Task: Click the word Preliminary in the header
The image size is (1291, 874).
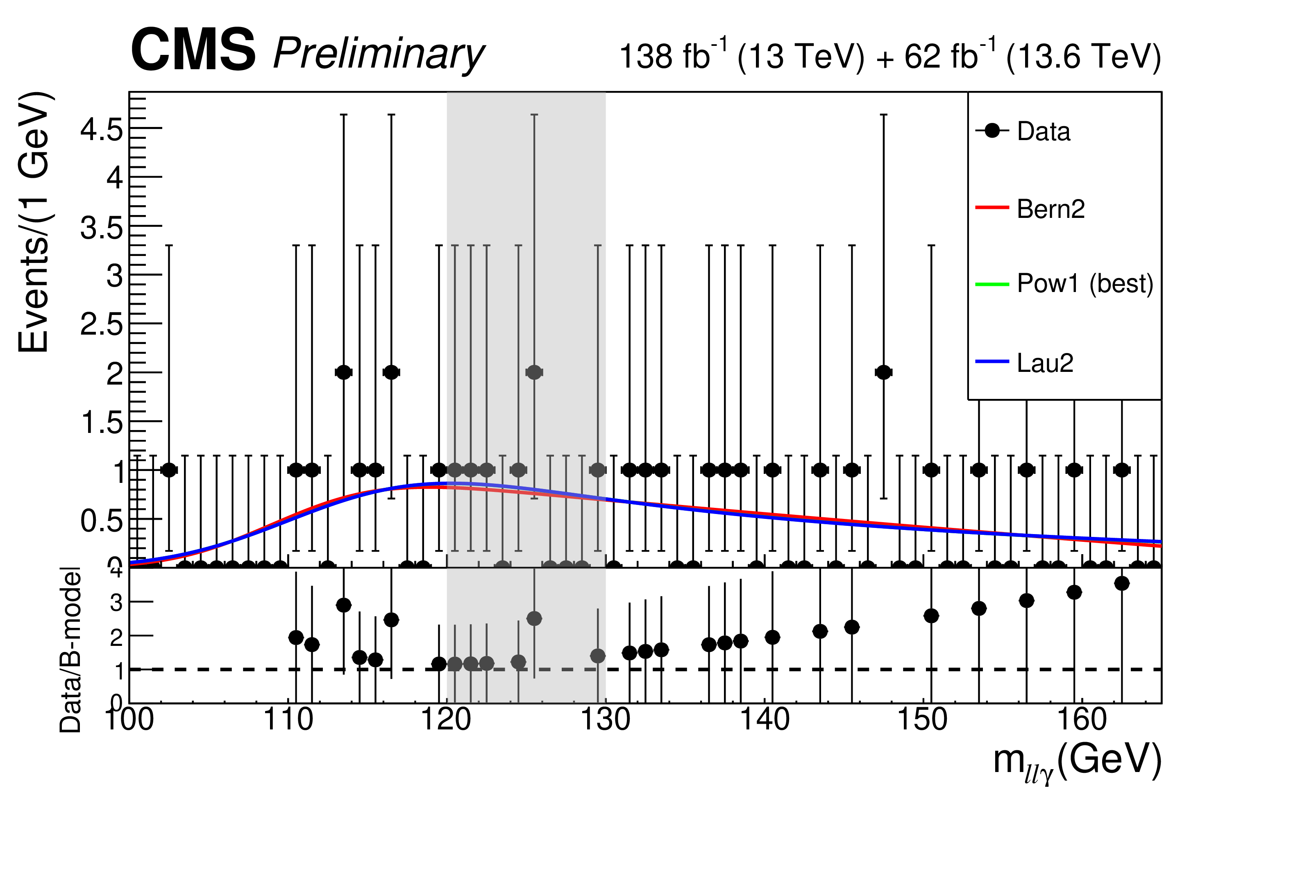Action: click(x=379, y=54)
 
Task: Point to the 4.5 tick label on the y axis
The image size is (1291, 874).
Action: click(x=102, y=130)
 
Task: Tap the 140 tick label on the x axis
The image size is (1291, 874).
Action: click(x=765, y=720)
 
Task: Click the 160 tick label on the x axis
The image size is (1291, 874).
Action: click(x=1082, y=720)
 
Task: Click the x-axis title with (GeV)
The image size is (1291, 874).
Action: click(x=1077, y=762)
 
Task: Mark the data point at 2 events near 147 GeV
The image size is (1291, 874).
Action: click(x=883, y=372)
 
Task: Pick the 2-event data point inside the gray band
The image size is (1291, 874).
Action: click(x=534, y=372)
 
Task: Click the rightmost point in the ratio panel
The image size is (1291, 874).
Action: click(x=1121, y=583)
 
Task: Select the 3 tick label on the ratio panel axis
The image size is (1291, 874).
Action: click(x=116, y=602)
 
